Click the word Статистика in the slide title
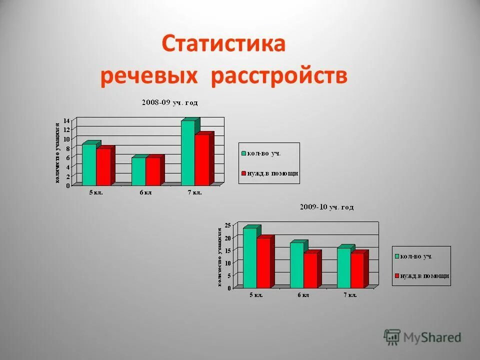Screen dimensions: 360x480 [x=223, y=44]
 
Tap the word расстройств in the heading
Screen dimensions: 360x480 [x=279, y=77]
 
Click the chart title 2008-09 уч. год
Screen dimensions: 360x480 [x=169, y=102]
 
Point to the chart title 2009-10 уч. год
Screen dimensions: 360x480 [x=326, y=206]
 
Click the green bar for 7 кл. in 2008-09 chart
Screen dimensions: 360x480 [x=188, y=152]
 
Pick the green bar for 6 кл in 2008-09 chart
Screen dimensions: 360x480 [x=138, y=171]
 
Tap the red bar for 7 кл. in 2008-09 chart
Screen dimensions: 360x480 [x=202, y=159]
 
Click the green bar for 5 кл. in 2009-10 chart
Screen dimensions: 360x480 [x=249, y=257]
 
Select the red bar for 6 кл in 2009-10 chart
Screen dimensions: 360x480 [x=310, y=270]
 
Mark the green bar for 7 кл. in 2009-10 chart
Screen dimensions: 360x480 [x=343, y=267]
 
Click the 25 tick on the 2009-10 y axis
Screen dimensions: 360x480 [x=227, y=225]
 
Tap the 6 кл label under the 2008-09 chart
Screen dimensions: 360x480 [x=145, y=192]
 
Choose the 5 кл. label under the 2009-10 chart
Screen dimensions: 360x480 [x=256, y=295]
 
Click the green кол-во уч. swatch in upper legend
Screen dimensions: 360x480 [x=243, y=153]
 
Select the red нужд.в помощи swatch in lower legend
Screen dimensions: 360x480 [x=397, y=275]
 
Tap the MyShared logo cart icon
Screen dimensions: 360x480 [x=392, y=337]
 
